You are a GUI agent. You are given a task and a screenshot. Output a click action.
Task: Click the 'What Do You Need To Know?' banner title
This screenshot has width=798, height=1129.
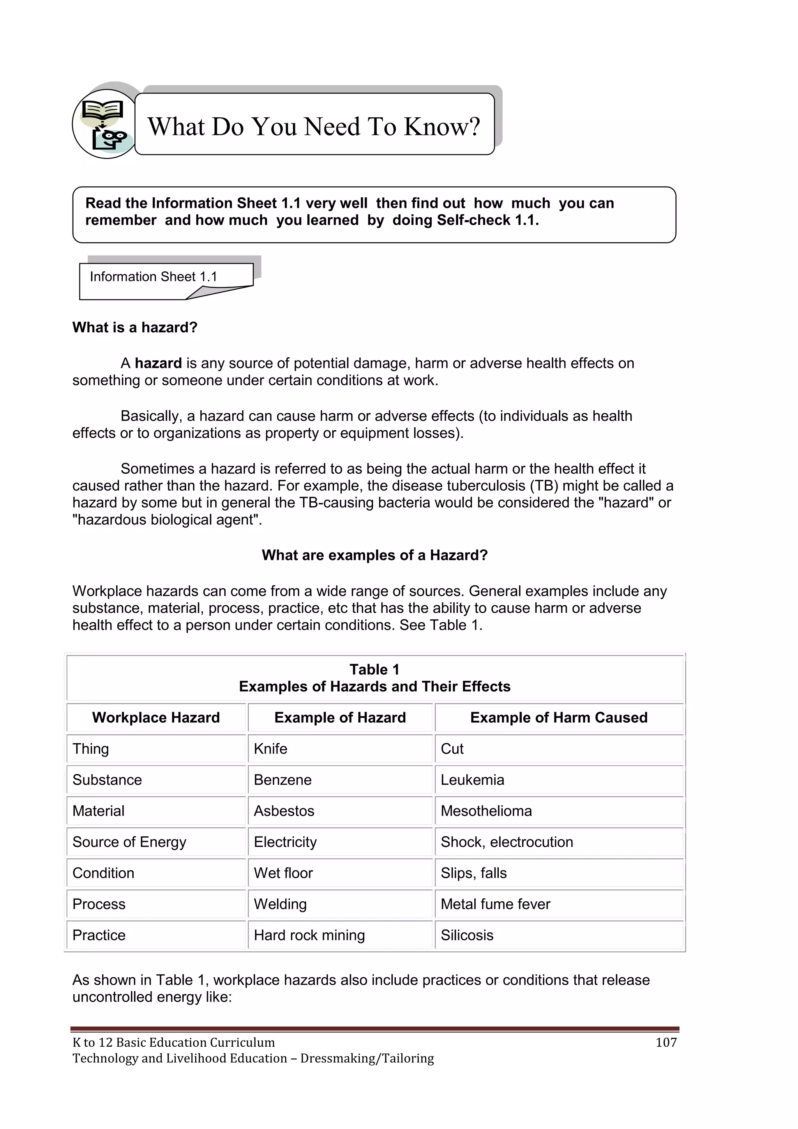314,126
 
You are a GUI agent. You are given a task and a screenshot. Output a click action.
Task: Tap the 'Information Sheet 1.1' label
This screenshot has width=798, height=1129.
153,277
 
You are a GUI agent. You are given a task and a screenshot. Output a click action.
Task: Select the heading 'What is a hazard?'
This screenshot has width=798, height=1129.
135,328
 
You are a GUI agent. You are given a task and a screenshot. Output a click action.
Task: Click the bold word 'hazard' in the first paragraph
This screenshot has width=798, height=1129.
158,363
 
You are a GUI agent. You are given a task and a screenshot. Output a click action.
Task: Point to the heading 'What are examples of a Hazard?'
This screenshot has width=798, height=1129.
374,555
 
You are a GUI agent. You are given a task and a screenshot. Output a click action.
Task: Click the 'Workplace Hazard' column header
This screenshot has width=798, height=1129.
156,718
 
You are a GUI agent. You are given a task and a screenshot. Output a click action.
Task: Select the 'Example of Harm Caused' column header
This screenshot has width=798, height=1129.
559,718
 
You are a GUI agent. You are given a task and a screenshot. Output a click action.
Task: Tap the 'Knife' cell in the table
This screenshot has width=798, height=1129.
271,749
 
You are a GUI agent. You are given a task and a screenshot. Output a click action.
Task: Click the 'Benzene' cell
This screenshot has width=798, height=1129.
282,780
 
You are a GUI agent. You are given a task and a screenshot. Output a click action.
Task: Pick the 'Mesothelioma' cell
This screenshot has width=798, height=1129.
486,811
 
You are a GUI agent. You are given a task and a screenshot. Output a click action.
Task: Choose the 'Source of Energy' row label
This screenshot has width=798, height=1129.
129,842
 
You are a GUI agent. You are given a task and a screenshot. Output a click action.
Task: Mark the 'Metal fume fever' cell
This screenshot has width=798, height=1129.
495,904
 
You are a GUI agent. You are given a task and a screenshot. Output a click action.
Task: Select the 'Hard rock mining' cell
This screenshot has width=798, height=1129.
309,935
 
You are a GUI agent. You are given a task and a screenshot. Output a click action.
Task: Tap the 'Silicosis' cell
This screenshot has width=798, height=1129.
467,935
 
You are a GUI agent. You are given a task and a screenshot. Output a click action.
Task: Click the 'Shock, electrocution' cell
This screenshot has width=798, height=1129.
507,842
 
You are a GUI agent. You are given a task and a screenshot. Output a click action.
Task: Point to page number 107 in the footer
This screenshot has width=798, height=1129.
666,1042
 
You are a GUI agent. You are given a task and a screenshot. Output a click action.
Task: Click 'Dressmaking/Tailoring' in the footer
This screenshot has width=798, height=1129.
367,1058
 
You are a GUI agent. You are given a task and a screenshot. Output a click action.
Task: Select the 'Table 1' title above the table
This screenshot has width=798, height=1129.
374,670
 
